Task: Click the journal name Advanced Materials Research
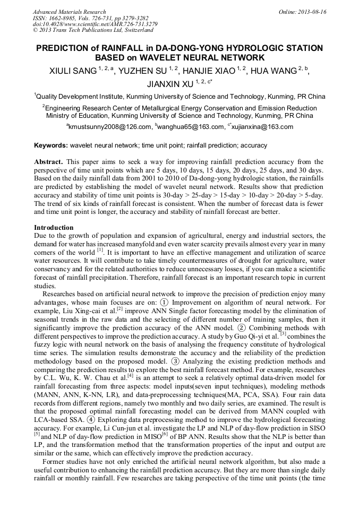(x=69, y=12)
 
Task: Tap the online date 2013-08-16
(x=311, y=12)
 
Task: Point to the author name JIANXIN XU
(x=169, y=84)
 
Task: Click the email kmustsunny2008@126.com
(x=110, y=127)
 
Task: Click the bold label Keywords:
(x=51, y=145)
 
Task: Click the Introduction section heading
(x=54, y=228)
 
